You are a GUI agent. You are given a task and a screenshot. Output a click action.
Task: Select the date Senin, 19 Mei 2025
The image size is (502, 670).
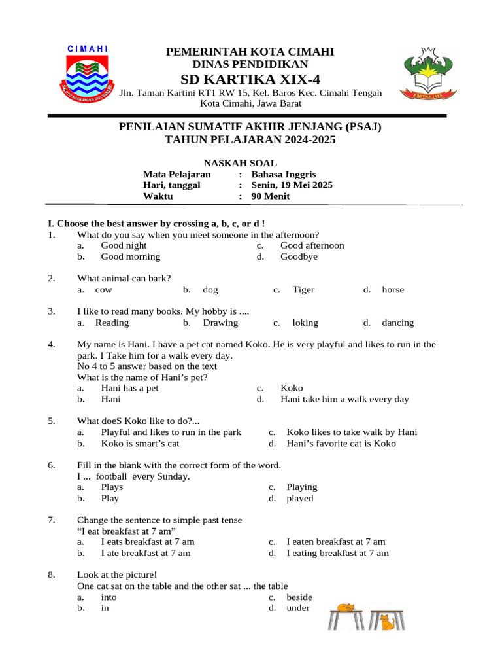292,185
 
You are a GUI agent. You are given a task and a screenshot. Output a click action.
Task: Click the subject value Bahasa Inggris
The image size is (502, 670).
283,174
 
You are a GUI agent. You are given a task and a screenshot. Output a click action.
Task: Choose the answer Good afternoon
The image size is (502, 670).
312,245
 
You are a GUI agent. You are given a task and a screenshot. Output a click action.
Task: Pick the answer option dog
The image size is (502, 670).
210,290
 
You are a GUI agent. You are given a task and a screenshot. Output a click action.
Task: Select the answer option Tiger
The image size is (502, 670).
303,290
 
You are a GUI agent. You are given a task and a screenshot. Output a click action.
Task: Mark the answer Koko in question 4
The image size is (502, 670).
292,388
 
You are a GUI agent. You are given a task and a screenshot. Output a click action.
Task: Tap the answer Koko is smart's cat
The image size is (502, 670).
140,444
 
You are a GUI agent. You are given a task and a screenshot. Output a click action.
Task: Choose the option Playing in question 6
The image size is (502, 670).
301,487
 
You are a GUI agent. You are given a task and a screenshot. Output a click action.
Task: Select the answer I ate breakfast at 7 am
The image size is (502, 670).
146,553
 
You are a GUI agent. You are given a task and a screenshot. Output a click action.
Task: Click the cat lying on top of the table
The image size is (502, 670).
344,608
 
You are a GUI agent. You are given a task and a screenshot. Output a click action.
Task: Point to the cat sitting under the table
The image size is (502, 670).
388,622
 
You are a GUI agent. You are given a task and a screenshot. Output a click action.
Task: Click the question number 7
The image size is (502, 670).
51,520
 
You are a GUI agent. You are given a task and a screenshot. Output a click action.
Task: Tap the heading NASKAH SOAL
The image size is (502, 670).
240,163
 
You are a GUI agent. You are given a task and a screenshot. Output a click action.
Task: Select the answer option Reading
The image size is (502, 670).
112,323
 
